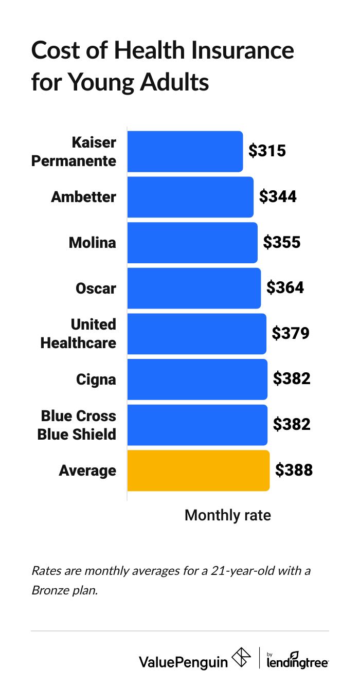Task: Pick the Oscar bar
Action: click(194, 288)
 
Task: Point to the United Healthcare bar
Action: click(196, 334)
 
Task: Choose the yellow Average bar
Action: click(198, 471)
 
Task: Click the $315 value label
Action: click(267, 151)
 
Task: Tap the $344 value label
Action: click(278, 197)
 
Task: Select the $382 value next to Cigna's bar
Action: click(292, 379)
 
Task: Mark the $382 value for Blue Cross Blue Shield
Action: click(292, 425)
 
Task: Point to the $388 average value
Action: click(294, 471)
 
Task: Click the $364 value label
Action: click(285, 288)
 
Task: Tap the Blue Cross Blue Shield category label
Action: click(77, 425)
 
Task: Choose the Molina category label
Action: click(93, 243)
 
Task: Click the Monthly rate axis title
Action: click(227, 515)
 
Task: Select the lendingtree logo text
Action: click(298, 661)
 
